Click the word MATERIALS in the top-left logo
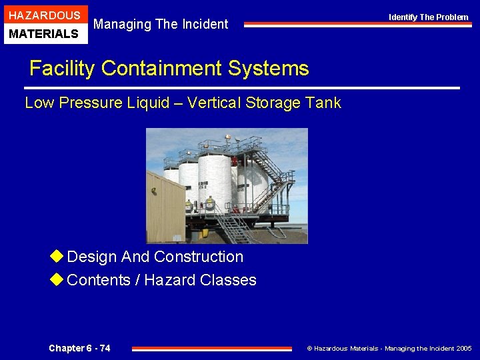click(x=43, y=33)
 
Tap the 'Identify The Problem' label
click(x=429, y=17)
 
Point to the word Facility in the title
click(x=63, y=68)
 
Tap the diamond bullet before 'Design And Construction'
click(x=57, y=257)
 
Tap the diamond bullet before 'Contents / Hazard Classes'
click(x=57, y=280)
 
